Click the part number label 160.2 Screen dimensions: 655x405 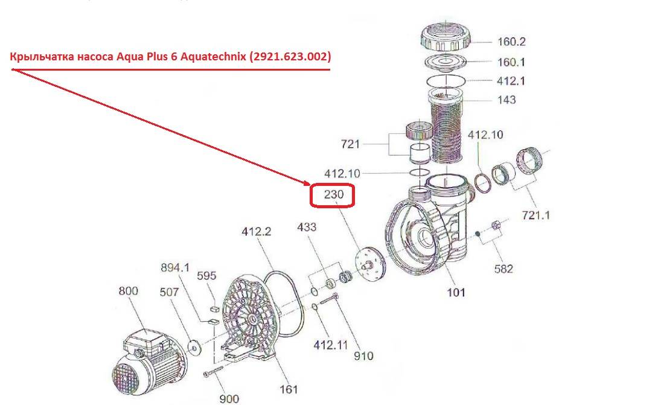(511, 42)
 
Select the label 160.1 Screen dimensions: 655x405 (511, 62)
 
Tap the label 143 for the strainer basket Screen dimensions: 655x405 (506, 100)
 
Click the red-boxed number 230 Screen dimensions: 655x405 (334, 194)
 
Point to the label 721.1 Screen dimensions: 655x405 (536, 215)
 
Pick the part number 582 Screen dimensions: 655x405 (503, 269)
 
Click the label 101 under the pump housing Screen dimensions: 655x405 (456, 292)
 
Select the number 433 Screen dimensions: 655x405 (307, 227)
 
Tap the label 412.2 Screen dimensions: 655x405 (257, 231)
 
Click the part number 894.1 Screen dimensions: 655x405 (175, 267)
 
